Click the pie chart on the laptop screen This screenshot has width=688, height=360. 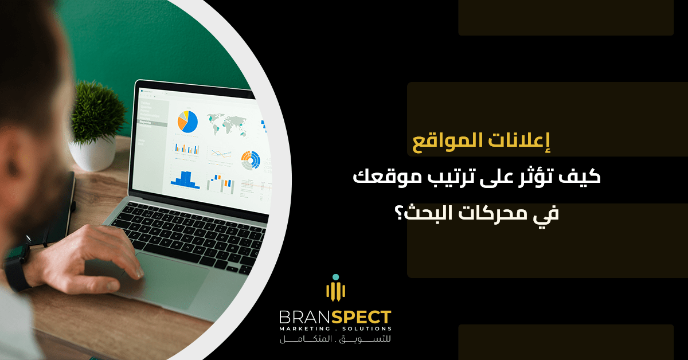(187, 119)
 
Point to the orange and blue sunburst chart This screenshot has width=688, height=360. (250, 159)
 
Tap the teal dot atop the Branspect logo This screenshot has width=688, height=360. (335, 277)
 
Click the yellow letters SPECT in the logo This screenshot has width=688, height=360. (361, 317)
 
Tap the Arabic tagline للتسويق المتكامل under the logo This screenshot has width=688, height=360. (335, 341)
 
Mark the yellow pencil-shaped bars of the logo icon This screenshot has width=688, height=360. (335, 291)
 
